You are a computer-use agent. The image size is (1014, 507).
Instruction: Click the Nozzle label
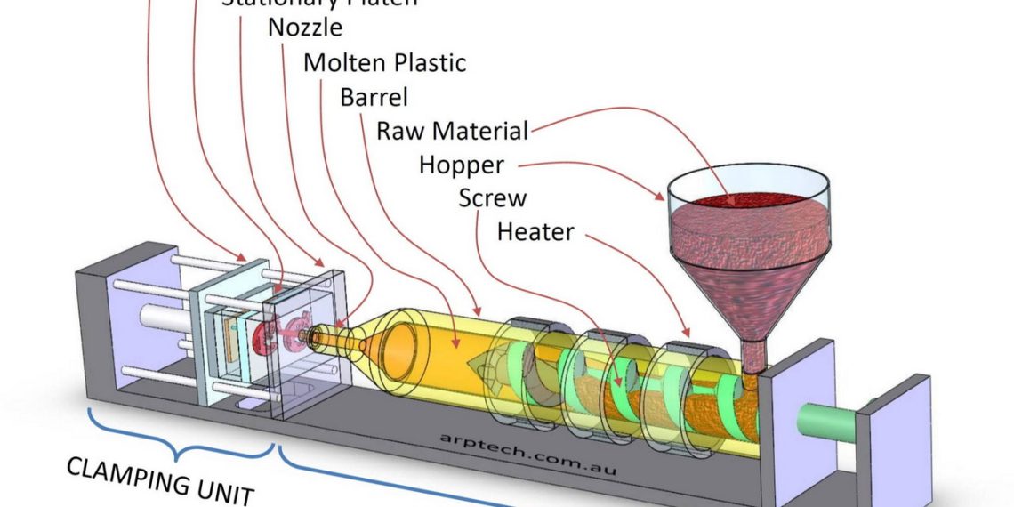click(x=305, y=27)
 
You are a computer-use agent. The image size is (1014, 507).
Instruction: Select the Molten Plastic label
click(x=384, y=63)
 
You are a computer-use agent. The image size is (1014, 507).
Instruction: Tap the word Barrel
click(x=374, y=96)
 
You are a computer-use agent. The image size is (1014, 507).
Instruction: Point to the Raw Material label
click(x=452, y=131)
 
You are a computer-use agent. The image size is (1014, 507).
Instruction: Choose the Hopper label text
click(x=461, y=165)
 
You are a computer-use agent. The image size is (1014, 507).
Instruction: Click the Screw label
click(x=492, y=197)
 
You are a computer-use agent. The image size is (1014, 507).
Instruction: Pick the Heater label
click(x=535, y=232)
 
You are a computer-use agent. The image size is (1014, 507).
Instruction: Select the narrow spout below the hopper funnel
click(x=754, y=356)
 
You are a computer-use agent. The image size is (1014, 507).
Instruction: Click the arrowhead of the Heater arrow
click(x=688, y=339)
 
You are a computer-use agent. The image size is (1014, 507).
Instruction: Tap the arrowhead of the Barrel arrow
click(x=456, y=343)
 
